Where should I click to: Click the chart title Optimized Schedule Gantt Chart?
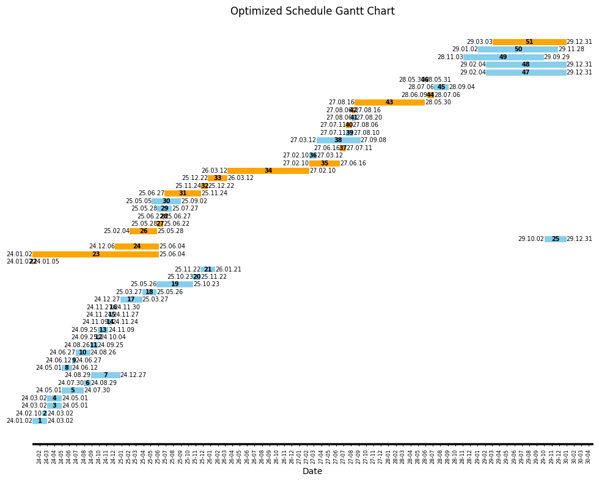click(x=312, y=12)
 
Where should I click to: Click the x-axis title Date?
click(x=312, y=471)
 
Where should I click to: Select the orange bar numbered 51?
click(x=529, y=42)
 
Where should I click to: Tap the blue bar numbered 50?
click(x=518, y=49)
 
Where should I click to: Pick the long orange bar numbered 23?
click(x=95, y=254)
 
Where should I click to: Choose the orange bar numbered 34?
click(x=268, y=171)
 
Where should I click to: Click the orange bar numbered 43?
click(x=389, y=103)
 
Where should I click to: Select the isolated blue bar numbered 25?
click(x=555, y=239)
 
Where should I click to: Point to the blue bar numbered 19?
click(x=175, y=284)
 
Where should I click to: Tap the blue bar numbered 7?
click(x=106, y=375)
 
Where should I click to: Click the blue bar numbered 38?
click(x=338, y=140)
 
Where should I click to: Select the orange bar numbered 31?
click(x=183, y=193)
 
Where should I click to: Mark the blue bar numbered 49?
click(x=503, y=57)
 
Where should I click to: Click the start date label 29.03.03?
click(x=479, y=42)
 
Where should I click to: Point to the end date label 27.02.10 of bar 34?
click(x=323, y=171)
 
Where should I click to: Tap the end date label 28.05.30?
click(x=438, y=103)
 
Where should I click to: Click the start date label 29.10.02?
click(x=531, y=239)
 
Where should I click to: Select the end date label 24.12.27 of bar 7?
click(x=133, y=375)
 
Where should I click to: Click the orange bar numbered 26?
click(x=143, y=231)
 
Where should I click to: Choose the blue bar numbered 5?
click(x=73, y=390)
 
